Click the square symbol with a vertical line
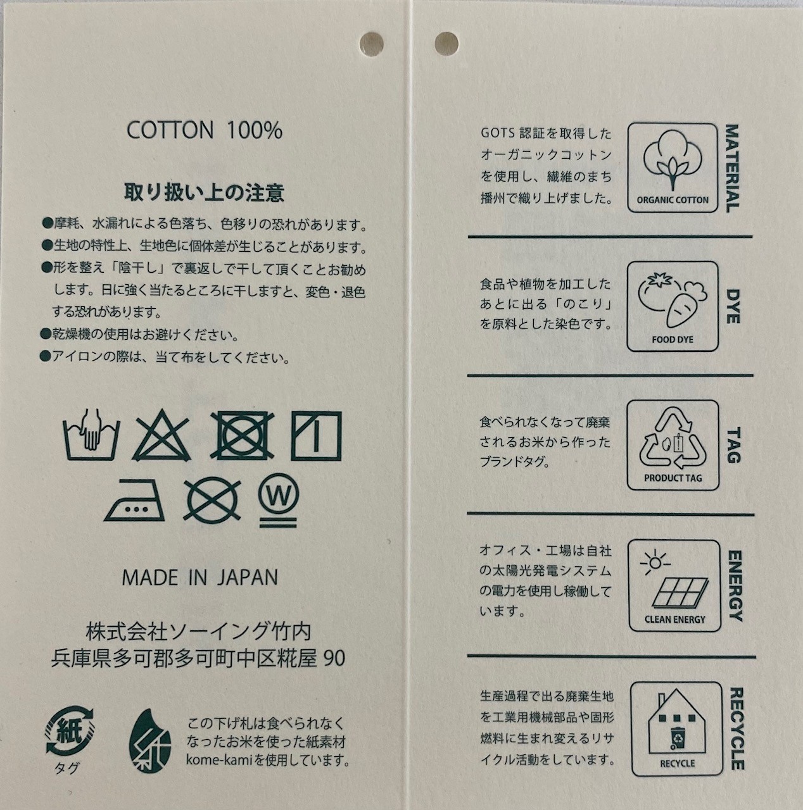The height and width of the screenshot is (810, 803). click(316, 436)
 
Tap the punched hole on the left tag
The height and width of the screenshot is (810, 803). click(371, 44)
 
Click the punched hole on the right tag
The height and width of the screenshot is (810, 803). click(446, 44)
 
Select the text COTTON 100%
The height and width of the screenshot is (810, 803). click(205, 131)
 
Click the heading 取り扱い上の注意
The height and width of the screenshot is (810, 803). click(204, 193)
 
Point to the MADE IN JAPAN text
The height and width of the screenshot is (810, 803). click(200, 578)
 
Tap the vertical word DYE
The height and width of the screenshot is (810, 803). click(733, 306)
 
